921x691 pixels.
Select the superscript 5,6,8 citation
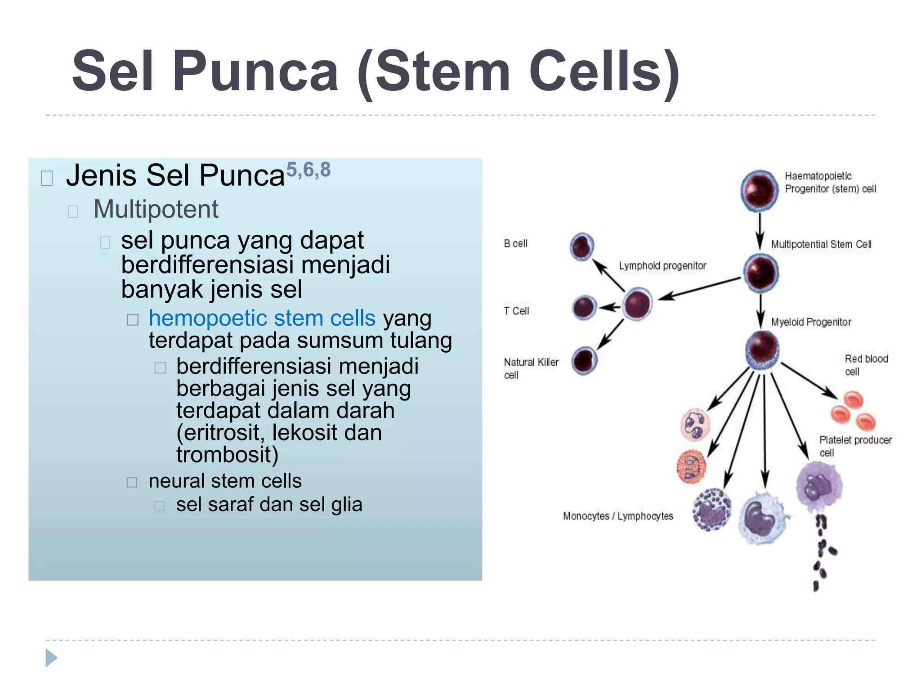(308, 170)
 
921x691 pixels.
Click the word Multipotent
(156, 209)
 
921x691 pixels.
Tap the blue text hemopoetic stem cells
(262, 318)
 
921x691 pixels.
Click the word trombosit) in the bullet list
(227, 454)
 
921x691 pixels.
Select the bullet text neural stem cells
(225, 481)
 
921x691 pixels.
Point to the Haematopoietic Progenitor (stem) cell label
(830, 182)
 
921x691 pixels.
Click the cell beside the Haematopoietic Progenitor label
(760, 190)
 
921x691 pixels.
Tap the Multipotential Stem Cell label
(821, 244)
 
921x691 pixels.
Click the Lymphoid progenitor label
(662, 266)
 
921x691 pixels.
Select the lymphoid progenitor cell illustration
(638, 304)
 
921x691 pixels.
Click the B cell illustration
(582, 246)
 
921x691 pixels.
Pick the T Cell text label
(516, 311)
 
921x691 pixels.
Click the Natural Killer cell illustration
(584, 361)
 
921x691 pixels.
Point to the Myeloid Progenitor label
(810, 322)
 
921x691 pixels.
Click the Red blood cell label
(866, 365)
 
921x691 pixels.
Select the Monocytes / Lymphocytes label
(617, 516)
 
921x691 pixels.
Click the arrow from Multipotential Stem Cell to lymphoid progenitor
(699, 289)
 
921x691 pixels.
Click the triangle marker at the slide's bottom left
(51, 658)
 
